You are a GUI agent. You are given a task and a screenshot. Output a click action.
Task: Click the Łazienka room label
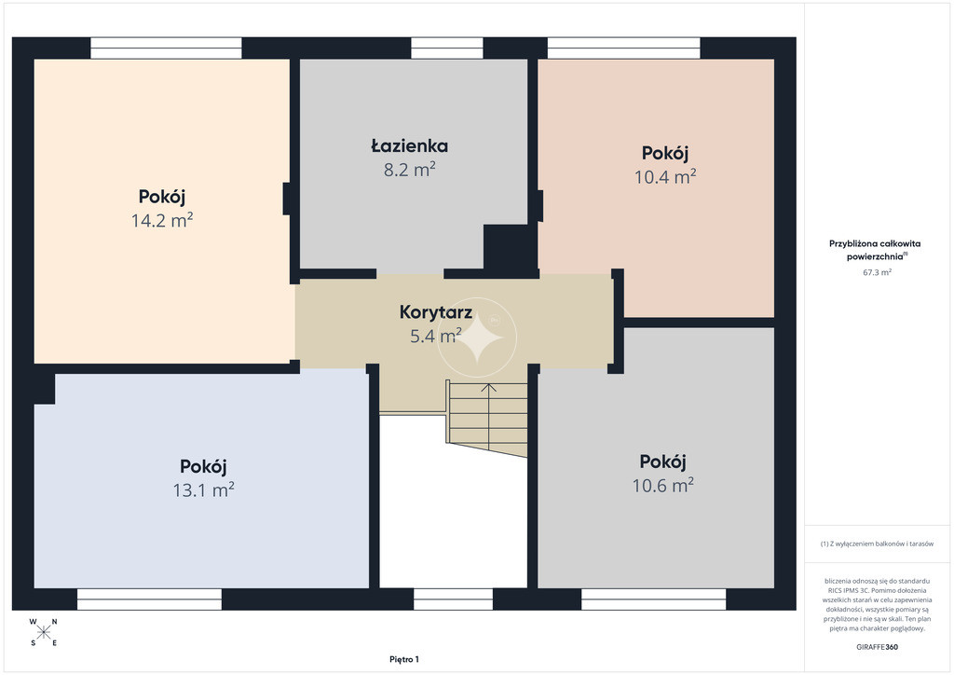[x=410, y=146]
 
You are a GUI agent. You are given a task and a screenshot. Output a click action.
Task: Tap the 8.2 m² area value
[x=410, y=169]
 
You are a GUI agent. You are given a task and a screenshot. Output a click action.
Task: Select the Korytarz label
[x=436, y=312]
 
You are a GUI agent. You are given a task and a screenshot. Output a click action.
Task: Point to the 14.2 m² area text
[x=162, y=220]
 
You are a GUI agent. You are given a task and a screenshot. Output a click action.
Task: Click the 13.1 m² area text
[x=204, y=489]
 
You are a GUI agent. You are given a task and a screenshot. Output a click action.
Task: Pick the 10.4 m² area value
[x=665, y=176]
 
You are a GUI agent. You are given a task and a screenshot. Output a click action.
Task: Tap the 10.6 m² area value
[x=663, y=485]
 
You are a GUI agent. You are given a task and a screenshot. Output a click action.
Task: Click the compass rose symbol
[x=43, y=632]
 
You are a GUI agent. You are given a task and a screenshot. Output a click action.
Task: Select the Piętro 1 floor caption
[x=404, y=659]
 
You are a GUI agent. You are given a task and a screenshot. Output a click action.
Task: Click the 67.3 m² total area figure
[x=877, y=272]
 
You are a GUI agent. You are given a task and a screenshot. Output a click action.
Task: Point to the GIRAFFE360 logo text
[x=877, y=647]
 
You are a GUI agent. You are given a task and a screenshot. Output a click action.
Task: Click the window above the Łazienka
[x=447, y=48]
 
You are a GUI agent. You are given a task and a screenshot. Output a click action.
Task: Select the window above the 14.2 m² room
[x=166, y=48]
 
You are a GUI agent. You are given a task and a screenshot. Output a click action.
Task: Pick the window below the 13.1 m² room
[x=150, y=599]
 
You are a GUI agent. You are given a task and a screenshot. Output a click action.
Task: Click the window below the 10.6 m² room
[x=653, y=599]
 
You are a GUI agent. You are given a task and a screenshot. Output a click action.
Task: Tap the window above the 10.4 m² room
[x=623, y=48]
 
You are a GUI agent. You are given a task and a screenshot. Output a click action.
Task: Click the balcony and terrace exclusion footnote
[x=877, y=544]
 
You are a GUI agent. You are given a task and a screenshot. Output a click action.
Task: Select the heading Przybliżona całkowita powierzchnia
[x=876, y=250]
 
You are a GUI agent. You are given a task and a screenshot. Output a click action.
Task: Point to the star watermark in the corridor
[x=478, y=337]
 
